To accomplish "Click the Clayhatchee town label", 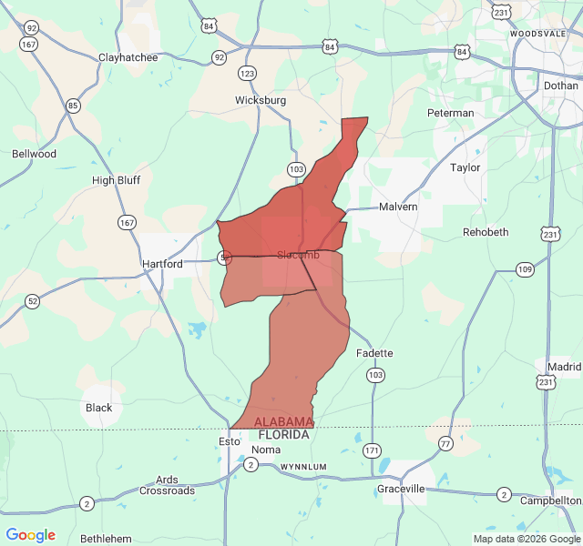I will (x=128, y=57).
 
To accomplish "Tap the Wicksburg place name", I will (x=261, y=100).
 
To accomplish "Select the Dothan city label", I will (x=560, y=85).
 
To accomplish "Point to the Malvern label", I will (x=398, y=207).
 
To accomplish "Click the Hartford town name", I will (x=162, y=264).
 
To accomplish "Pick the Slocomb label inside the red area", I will (x=298, y=254).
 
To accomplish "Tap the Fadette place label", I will (x=374, y=353).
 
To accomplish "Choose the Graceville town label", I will (x=401, y=489).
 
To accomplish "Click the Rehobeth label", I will (x=486, y=232).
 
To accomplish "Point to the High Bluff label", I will (x=116, y=180).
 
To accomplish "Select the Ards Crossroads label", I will (x=167, y=485).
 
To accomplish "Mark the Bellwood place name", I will (x=34, y=154).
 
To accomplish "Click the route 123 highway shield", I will (x=247, y=73).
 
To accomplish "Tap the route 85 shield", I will (x=73, y=106).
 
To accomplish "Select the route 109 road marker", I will (x=525, y=268).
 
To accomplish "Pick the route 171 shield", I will (x=372, y=450).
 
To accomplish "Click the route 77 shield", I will (x=445, y=443).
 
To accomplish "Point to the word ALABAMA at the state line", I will (x=283, y=422).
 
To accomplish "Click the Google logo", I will (x=30, y=535).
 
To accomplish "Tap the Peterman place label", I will (x=450, y=113).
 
